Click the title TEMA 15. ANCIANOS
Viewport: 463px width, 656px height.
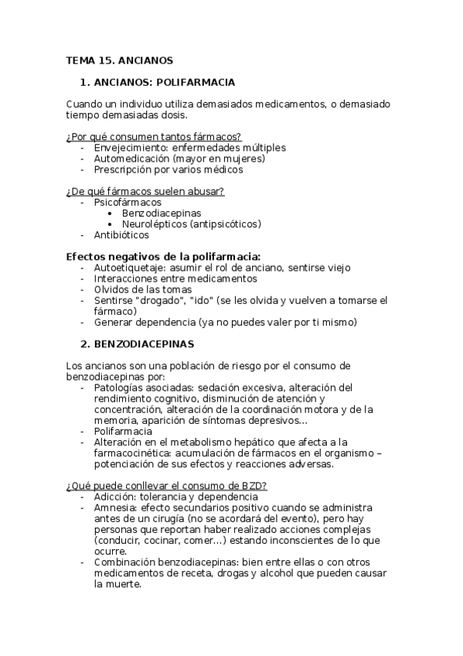(119, 60)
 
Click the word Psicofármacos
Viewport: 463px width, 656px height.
(128, 202)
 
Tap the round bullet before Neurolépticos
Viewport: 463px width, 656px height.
(113, 224)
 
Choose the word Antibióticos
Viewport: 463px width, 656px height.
(121, 234)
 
